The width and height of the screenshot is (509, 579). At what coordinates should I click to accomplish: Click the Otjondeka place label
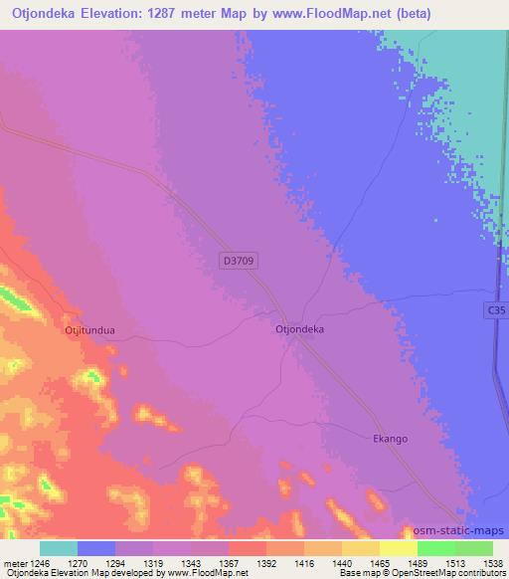pos(299,327)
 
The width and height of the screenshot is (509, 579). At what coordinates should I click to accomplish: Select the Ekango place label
pos(390,439)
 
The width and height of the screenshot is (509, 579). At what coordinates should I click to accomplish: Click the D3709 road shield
pos(242,261)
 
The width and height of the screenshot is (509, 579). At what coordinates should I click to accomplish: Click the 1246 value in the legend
pos(37,562)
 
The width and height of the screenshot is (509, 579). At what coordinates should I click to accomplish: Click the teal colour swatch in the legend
pos(59,548)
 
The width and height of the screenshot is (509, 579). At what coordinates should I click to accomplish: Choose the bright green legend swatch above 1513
pos(436,548)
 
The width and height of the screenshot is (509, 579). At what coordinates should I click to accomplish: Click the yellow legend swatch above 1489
pos(399,548)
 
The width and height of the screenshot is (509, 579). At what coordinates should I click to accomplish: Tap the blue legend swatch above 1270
pos(96,548)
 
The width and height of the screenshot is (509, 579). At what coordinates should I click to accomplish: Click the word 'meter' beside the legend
pos(13,562)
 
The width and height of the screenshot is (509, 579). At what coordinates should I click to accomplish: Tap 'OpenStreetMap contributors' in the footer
pos(452,574)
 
